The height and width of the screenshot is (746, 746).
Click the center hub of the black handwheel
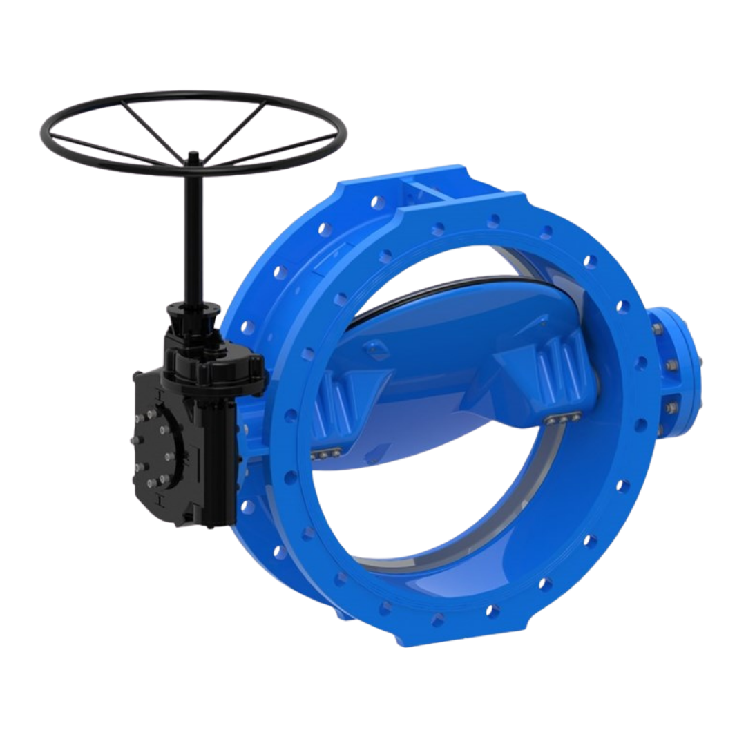point(193,155)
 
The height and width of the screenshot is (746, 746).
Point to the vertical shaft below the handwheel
point(193,235)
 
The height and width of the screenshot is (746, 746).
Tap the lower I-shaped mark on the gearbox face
point(160,499)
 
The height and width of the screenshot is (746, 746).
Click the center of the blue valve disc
point(442,359)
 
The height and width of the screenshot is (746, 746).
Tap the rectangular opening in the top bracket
point(428,190)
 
